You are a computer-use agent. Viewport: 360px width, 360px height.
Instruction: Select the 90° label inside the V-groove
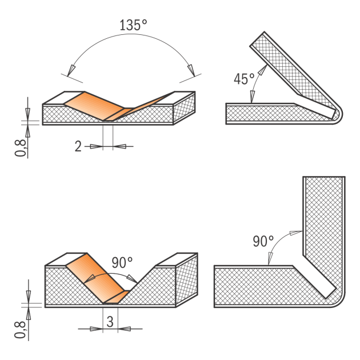(x=122, y=263)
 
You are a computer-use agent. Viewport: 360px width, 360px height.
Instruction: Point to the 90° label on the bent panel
(x=263, y=241)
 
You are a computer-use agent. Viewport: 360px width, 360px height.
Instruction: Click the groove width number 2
(x=78, y=146)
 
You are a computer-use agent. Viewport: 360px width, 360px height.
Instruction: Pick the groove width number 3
(x=109, y=322)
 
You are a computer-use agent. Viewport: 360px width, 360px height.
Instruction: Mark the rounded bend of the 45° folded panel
(x=336, y=114)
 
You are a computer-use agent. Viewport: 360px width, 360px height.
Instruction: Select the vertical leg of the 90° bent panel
(x=323, y=229)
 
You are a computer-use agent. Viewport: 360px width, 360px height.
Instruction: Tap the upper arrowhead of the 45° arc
(x=263, y=70)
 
